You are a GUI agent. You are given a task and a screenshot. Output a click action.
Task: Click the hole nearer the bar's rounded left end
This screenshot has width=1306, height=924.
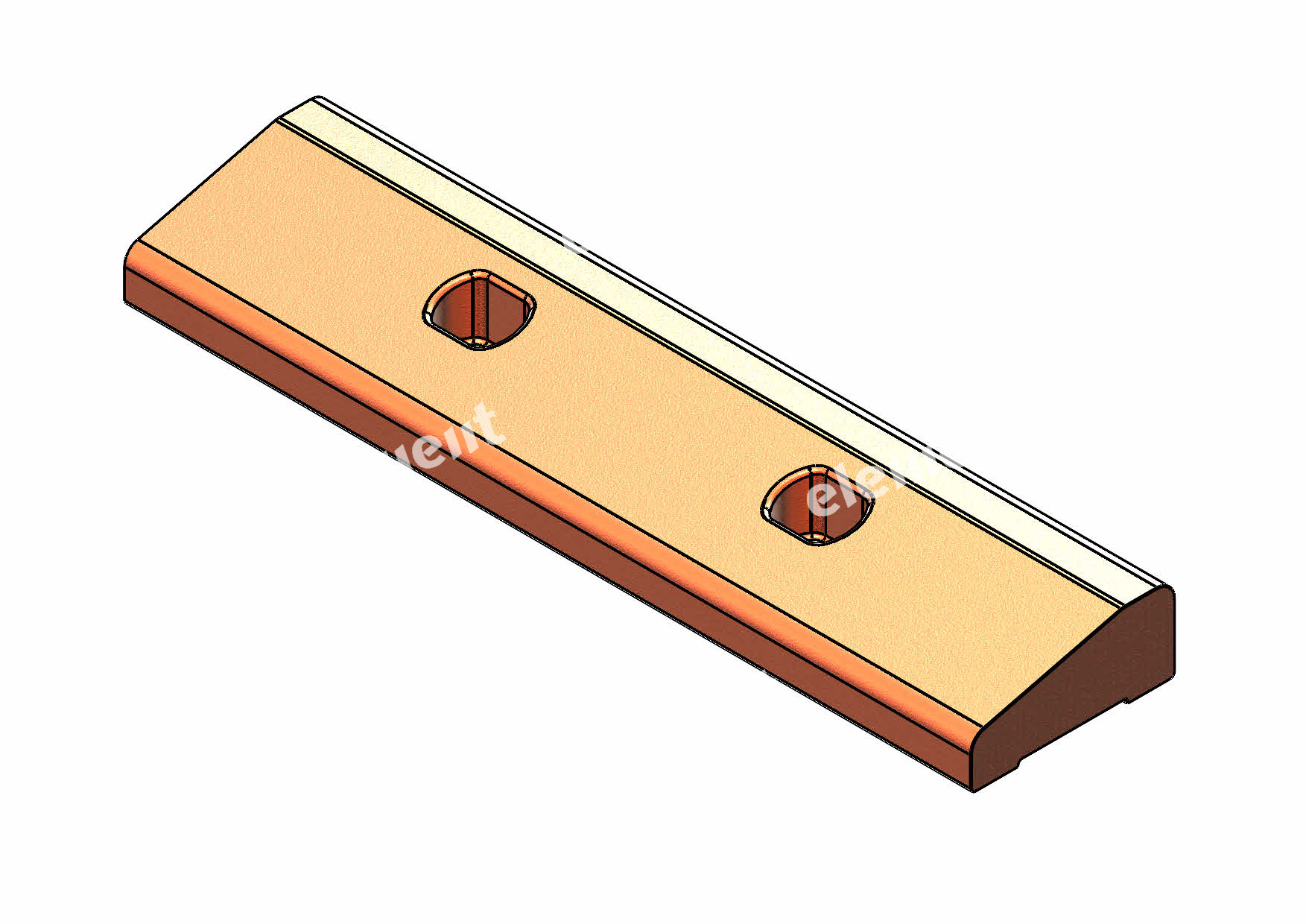479,310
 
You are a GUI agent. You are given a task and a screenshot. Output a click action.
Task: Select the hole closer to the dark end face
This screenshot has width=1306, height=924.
817,504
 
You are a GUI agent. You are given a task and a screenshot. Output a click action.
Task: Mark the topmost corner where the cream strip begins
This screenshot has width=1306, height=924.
317,98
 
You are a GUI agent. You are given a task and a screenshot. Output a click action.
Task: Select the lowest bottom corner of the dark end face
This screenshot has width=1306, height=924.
974,791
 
